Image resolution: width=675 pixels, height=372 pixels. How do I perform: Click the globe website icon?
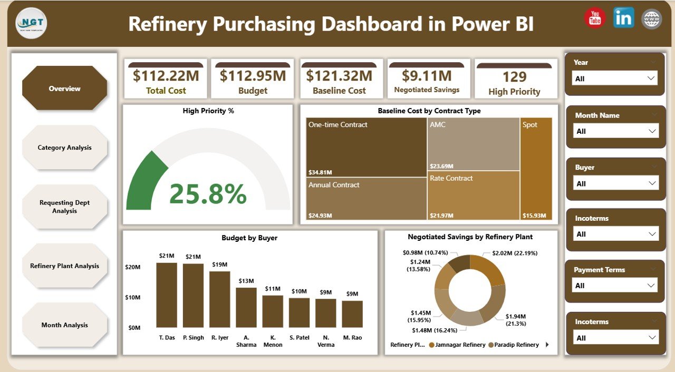point(651,19)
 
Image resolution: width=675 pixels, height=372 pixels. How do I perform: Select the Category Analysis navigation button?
point(64,148)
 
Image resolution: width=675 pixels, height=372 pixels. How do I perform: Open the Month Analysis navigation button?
point(64,325)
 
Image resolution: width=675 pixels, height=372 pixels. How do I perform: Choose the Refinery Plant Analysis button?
point(64,266)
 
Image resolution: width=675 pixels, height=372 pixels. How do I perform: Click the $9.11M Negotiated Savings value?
point(427,76)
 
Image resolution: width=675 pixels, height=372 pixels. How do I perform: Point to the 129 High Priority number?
point(514,77)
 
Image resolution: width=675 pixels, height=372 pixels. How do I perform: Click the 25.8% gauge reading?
point(208,194)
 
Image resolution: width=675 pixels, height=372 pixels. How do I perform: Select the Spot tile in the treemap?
point(536,169)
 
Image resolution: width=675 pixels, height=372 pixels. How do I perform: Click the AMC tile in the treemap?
point(473,144)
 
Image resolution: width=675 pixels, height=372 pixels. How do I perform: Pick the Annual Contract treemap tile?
point(366,199)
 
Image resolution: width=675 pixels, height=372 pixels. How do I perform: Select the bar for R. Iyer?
point(220,299)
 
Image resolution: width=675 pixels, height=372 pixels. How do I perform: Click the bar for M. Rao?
point(352,314)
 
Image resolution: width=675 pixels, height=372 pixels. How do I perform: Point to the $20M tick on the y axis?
point(133,267)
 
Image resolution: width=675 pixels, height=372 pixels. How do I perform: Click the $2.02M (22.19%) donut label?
point(515,253)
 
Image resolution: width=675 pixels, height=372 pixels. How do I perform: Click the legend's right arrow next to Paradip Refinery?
point(547,345)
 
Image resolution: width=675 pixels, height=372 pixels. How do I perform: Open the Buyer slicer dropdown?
point(615,183)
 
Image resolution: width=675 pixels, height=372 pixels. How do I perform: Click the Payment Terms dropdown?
point(615,286)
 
